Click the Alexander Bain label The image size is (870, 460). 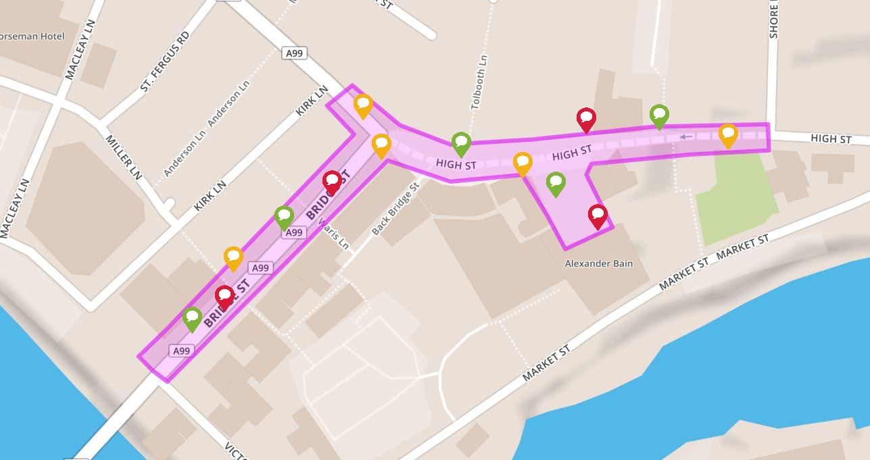(x=598, y=263)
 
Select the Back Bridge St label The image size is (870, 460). (x=395, y=208)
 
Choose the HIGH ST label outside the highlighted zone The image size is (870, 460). (x=831, y=139)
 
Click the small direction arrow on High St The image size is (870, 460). (x=686, y=137)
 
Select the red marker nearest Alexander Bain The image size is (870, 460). (x=598, y=216)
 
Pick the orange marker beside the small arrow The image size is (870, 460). (x=728, y=135)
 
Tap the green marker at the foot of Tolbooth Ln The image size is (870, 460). (x=461, y=143)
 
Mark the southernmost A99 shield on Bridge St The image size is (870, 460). (x=180, y=351)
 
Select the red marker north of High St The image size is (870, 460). (x=586, y=120)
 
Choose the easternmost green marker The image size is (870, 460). (x=659, y=116)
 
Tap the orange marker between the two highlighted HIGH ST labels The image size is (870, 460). (x=523, y=163)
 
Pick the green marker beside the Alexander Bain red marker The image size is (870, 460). (x=556, y=183)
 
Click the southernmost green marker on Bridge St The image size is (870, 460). (x=192, y=318)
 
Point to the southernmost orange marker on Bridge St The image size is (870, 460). (x=233, y=258)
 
